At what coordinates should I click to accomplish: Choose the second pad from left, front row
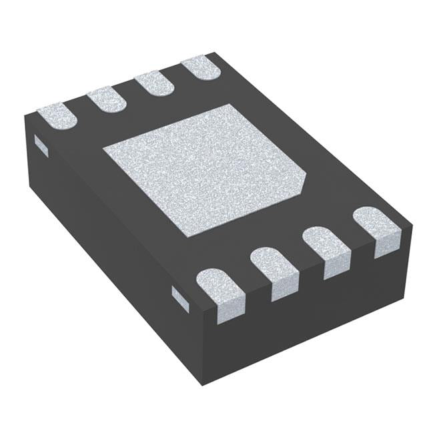click(274, 270)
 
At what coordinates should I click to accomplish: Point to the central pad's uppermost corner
click(230, 105)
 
